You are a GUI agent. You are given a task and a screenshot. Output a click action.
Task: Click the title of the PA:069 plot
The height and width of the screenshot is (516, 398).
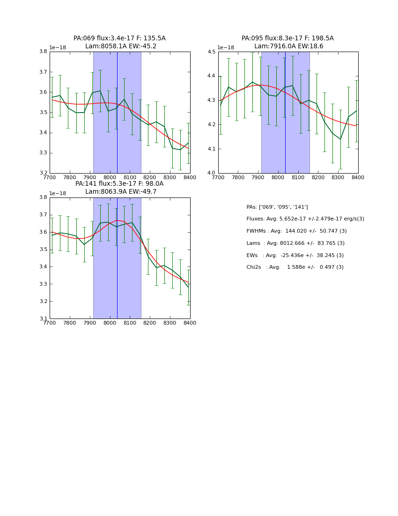click(x=119, y=42)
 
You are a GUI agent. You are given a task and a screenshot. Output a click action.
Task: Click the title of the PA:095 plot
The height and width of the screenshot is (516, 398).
click(x=287, y=42)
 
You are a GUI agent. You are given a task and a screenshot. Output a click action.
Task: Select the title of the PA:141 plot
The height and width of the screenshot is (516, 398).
click(x=119, y=188)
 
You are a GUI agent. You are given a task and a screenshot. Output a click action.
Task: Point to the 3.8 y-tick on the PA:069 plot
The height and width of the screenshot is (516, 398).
click(x=43, y=52)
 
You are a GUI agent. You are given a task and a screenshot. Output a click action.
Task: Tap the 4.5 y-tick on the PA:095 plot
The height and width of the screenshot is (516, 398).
click(x=211, y=52)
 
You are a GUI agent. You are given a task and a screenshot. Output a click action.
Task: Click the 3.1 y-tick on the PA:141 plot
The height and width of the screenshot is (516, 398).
click(x=43, y=319)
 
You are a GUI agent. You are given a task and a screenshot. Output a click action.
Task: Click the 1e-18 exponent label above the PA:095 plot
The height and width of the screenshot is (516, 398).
click(x=226, y=48)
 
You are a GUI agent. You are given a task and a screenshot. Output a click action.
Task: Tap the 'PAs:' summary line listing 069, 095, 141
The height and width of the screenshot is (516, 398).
click(x=277, y=207)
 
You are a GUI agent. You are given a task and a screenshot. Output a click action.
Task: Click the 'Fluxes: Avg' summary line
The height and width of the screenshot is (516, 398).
click(x=305, y=219)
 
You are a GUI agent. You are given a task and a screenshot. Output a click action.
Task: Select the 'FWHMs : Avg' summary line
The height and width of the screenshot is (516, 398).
click(x=296, y=231)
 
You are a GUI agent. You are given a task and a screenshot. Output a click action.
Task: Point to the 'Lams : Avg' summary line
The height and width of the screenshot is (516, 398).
click(x=295, y=243)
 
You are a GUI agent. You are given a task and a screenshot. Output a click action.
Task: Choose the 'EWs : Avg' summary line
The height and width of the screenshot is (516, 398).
click(x=295, y=255)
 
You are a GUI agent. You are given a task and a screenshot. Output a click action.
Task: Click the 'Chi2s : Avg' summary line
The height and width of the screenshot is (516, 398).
click(x=295, y=267)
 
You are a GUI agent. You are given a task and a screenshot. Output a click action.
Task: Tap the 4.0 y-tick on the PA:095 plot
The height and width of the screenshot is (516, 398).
click(x=211, y=173)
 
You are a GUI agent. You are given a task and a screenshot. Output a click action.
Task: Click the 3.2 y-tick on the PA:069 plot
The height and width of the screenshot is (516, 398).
click(x=43, y=173)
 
